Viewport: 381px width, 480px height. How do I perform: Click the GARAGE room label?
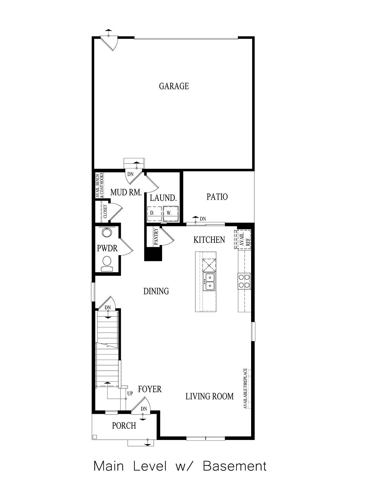[174, 86]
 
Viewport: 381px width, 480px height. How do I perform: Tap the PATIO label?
[217, 197]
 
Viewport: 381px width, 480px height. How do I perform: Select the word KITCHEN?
[209, 240]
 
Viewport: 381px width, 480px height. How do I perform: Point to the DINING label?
[156, 291]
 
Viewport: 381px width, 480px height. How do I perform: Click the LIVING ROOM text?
[209, 396]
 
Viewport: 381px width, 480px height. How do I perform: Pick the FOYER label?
[150, 389]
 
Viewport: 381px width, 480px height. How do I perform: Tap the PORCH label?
[124, 426]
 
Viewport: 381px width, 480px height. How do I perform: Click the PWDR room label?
[107, 249]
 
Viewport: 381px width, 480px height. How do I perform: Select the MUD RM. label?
[126, 193]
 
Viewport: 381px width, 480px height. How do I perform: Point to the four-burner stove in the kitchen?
[244, 280]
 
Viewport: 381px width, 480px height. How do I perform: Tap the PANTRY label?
[156, 237]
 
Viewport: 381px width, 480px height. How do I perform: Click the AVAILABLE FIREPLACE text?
[245, 388]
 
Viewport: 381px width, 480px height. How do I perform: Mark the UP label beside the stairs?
[130, 394]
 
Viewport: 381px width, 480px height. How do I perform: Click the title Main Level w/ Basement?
[180, 466]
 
